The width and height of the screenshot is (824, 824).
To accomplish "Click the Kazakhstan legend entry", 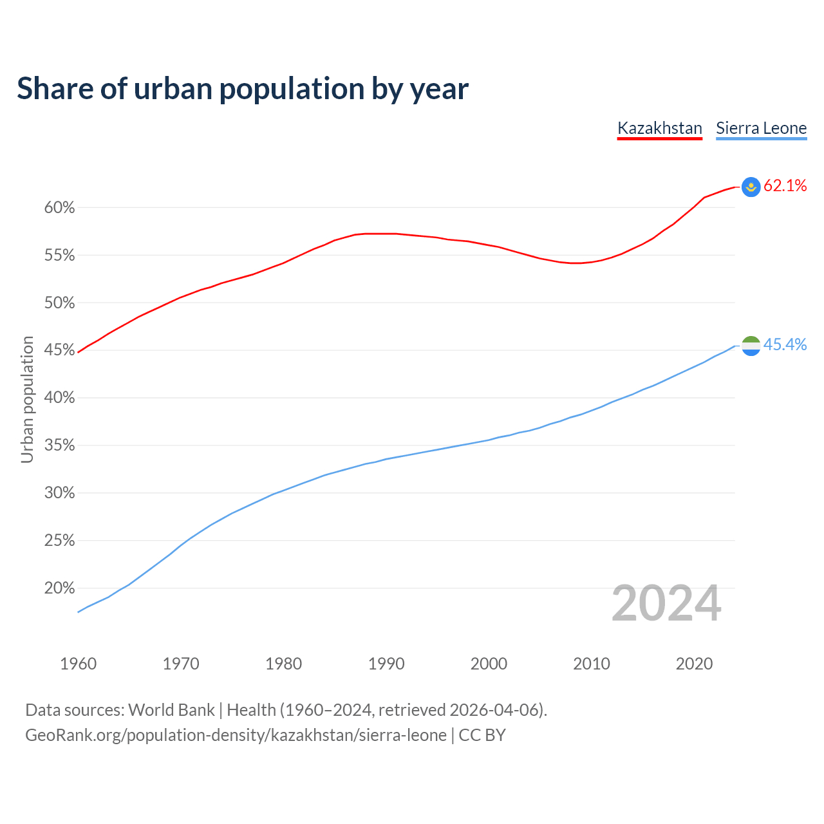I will (659, 128).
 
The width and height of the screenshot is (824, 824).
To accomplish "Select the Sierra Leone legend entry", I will (761, 128).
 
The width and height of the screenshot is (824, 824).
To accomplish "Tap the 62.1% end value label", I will (785, 186).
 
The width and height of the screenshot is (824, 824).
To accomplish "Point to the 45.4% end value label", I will (785, 345).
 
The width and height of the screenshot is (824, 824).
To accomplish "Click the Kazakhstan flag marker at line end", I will (751, 187).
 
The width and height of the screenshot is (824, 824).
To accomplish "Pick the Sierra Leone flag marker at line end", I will (751, 346).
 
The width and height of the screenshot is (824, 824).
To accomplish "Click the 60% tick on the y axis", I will (59, 208).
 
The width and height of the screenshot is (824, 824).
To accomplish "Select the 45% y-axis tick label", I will (59, 350).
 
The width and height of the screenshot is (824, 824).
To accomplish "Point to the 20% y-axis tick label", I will (59, 588).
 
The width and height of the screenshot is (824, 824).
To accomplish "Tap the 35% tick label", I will (59, 445).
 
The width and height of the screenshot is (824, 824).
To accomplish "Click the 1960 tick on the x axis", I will (78, 664).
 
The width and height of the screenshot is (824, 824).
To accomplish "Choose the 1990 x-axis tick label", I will (386, 664).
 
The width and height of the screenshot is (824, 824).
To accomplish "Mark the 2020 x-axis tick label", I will (694, 664).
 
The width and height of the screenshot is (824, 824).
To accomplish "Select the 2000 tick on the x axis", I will (489, 664).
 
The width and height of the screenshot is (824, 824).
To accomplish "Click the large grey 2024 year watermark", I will (666, 604).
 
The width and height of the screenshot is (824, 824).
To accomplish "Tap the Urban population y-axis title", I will (27, 399).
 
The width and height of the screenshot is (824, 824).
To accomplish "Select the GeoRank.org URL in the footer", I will (236, 735).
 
